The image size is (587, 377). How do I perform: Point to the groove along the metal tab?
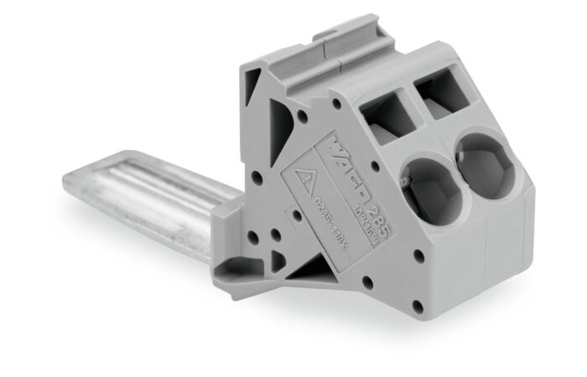[x=159, y=180]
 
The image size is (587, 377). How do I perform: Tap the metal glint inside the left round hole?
[x=408, y=177]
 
